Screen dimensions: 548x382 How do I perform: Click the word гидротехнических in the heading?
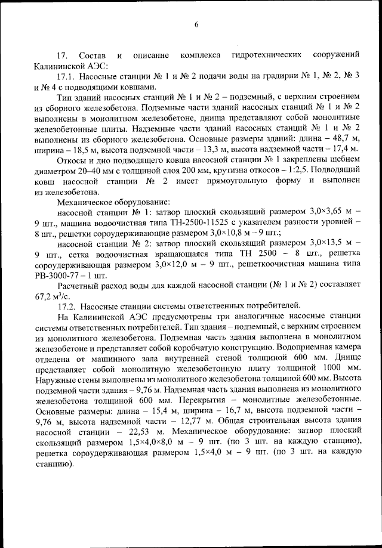pos(264,55)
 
